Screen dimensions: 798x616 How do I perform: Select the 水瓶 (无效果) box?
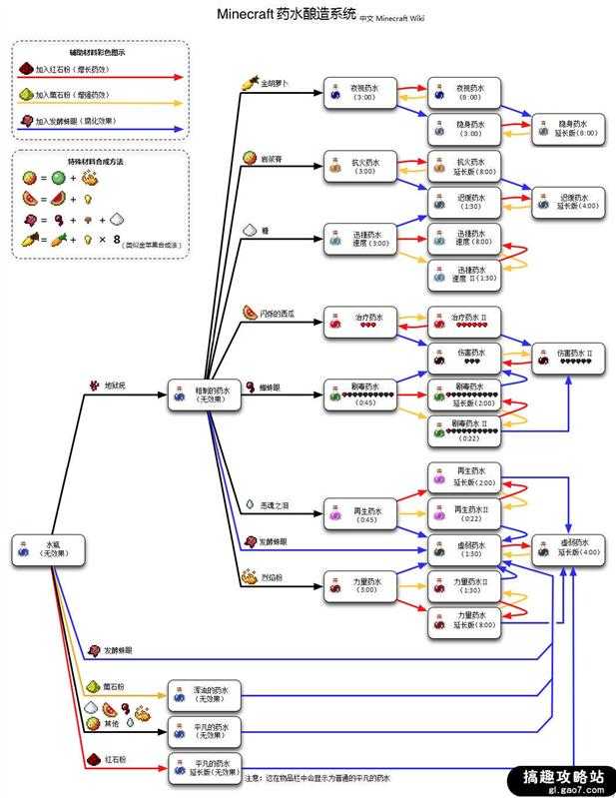[45, 548]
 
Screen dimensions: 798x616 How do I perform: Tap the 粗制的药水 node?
[204, 394]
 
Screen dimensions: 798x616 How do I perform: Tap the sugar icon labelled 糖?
[251, 229]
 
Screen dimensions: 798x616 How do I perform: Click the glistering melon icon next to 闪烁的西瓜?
[249, 313]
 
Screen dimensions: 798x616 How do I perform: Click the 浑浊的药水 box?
[204, 693]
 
